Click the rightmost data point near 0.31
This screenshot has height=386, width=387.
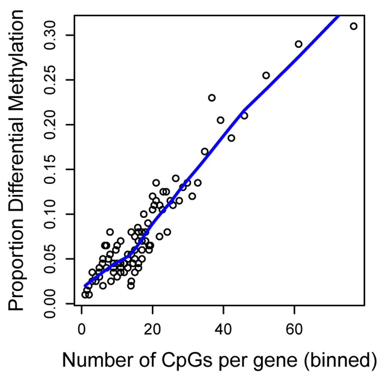[353, 26]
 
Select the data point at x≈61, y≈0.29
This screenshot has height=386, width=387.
[298, 44]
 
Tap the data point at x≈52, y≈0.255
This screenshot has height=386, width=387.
[266, 75]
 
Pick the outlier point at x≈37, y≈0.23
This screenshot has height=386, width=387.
[212, 98]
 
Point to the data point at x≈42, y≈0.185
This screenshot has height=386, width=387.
[231, 138]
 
